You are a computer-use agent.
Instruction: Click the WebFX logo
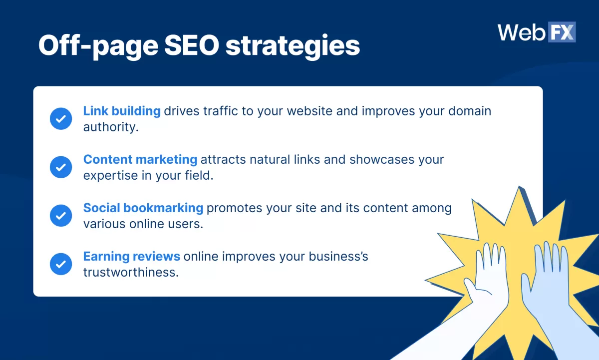tap(537, 32)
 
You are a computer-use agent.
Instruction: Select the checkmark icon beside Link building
tap(61, 119)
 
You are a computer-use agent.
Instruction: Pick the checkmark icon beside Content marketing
tap(61, 167)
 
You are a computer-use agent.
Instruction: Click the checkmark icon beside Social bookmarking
tap(61, 216)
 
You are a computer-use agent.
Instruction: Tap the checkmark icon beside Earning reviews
tap(61, 264)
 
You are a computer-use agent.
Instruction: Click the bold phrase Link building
tap(122, 111)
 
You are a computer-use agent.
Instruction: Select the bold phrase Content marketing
tap(140, 159)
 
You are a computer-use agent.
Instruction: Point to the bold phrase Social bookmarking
tap(143, 208)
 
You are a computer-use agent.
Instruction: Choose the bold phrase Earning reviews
tap(132, 256)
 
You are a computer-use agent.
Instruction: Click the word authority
tap(110, 127)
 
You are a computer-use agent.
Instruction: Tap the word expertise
tap(110, 176)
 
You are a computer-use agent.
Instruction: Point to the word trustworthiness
tap(131, 273)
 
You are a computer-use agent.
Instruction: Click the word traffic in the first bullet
tap(220, 111)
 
